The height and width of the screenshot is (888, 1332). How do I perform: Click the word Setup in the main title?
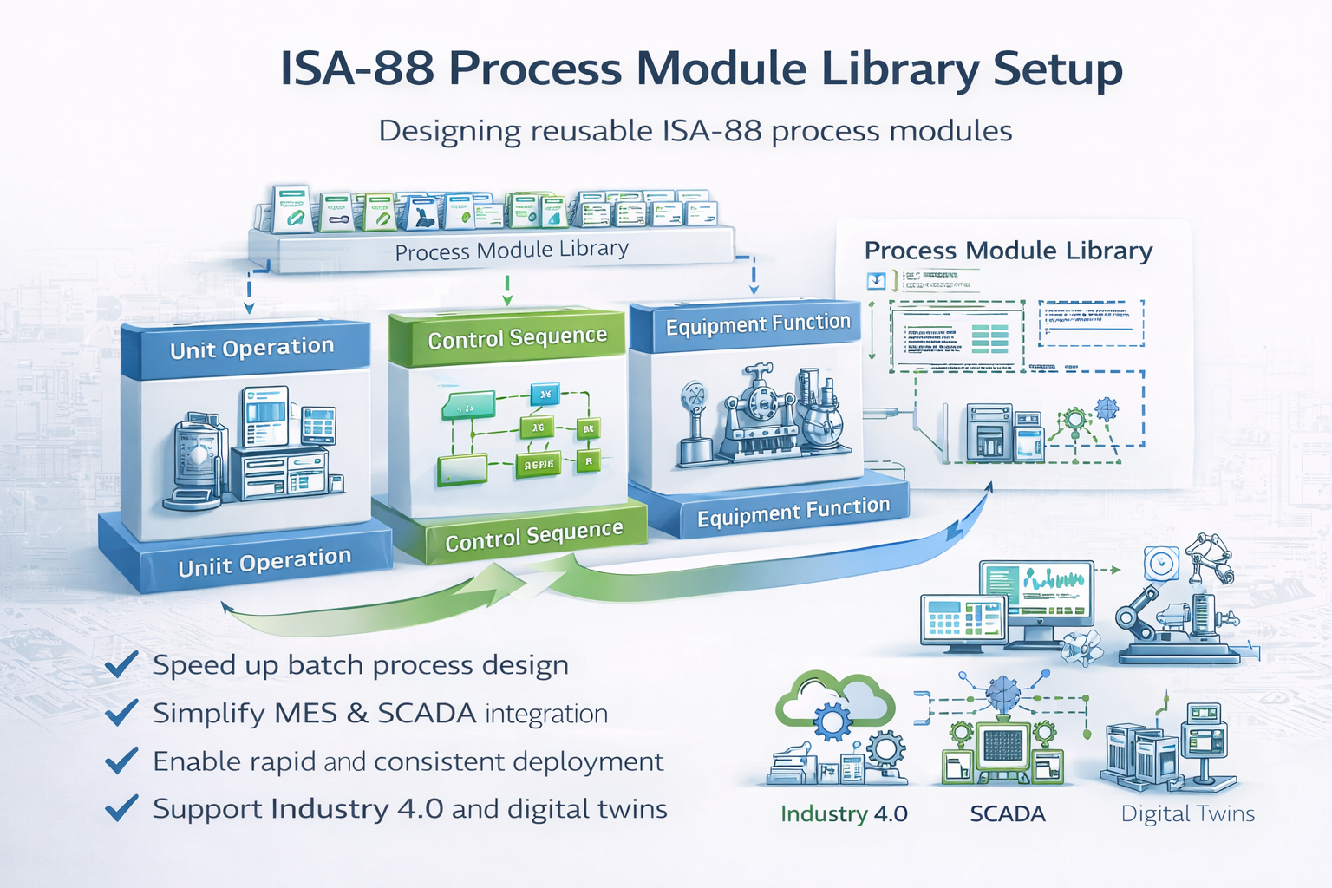point(1057,69)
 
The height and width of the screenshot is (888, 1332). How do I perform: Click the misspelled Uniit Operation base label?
point(264,563)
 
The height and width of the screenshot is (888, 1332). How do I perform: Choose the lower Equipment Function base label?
point(793,512)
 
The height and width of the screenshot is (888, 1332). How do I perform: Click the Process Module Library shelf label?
point(512,251)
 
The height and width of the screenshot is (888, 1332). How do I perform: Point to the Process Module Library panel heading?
point(1009,251)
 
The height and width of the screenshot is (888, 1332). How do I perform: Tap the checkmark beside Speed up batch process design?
point(121,665)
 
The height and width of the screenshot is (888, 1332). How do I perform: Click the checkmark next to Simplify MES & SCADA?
point(121,713)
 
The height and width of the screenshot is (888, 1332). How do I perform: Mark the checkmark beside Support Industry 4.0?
point(121,808)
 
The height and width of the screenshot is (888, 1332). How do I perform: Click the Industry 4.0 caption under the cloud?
point(844,814)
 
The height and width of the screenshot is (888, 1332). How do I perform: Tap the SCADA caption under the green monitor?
point(1008,814)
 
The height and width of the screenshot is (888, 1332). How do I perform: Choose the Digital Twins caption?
point(1188,814)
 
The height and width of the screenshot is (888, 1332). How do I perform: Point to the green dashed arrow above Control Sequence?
point(507,290)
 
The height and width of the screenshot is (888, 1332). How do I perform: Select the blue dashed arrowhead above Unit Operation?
point(249,307)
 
